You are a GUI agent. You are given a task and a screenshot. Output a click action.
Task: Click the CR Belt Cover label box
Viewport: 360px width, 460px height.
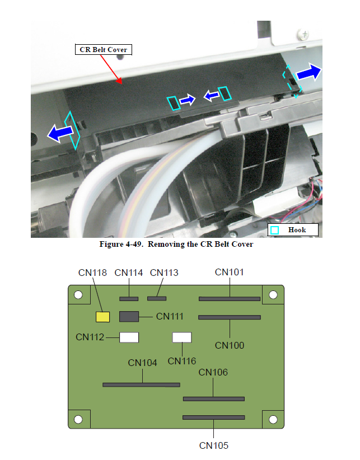[x=103, y=50]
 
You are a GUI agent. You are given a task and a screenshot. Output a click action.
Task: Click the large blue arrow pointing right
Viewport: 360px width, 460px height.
[x=309, y=72]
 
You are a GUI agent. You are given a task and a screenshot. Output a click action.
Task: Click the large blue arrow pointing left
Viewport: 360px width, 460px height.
[x=60, y=133]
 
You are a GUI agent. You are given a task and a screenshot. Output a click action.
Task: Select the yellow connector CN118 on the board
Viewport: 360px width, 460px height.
[x=102, y=317]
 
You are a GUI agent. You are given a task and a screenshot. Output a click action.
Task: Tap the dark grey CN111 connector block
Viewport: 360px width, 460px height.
[x=129, y=317]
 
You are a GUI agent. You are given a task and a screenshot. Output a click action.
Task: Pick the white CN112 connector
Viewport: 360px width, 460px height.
[x=129, y=337]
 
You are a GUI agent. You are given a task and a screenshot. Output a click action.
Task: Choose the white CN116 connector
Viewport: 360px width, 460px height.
[x=182, y=337]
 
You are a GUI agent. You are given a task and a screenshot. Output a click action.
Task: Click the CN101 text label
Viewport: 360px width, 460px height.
[x=230, y=272]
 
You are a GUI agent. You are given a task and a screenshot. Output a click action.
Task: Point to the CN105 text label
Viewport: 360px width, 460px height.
[x=214, y=445]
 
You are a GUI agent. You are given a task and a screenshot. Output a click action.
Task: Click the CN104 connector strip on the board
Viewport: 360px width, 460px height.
[x=141, y=384]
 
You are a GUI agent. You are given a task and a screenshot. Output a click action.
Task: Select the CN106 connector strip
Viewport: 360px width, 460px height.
[x=214, y=399]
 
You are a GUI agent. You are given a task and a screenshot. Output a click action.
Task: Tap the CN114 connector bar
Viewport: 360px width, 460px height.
[x=129, y=299]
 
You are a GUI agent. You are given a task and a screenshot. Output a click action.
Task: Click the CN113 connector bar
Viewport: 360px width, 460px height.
[x=157, y=298]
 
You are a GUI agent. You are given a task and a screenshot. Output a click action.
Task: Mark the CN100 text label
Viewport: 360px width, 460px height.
[x=230, y=346]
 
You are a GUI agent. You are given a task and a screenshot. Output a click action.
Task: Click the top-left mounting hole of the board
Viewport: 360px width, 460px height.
[x=78, y=295]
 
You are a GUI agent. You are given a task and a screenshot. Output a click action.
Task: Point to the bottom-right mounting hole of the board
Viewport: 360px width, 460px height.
[x=273, y=420]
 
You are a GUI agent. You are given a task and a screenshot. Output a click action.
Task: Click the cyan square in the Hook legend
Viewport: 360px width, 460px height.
[x=275, y=231]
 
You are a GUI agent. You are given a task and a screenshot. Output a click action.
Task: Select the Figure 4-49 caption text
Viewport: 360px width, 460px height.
[x=176, y=244]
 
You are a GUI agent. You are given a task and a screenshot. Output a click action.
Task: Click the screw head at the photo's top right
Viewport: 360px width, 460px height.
[x=303, y=35]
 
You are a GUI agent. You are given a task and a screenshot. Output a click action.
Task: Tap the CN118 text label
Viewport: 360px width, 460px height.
[x=92, y=273]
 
